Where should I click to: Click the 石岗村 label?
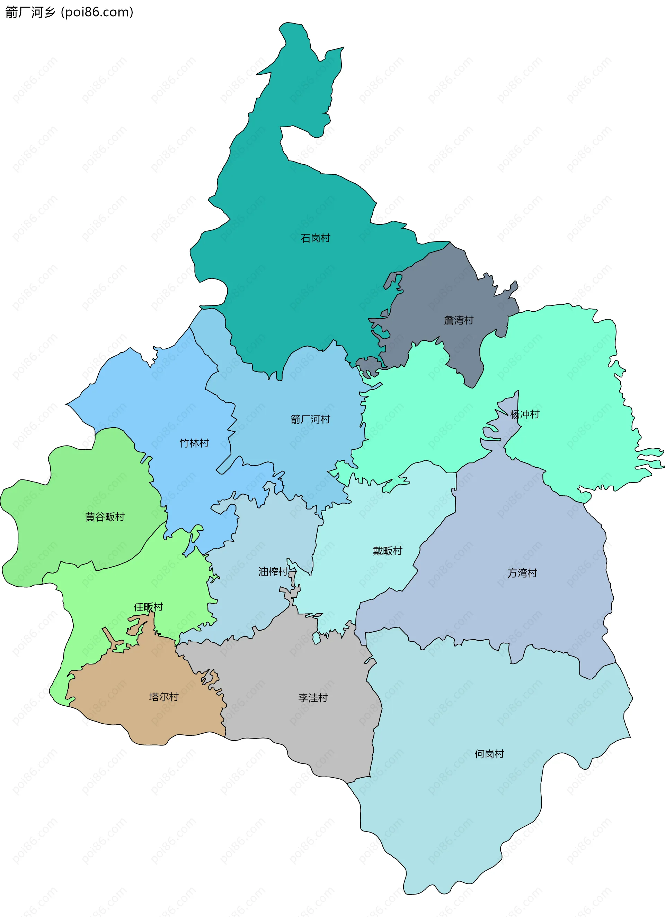(x=315, y=238)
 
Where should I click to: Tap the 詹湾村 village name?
(x=459, y=320)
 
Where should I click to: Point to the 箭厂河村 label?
(x=310, y=419)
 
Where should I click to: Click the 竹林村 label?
(x=194, y=443)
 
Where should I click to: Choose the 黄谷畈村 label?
(x=105, y=517)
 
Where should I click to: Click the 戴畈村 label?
(x=387, y=551)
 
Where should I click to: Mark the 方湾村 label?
(x=522, y=573)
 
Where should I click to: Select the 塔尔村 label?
(x=164, y=697)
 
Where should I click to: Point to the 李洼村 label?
(x=313, y=698)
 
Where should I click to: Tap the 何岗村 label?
(x=489, y=754)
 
